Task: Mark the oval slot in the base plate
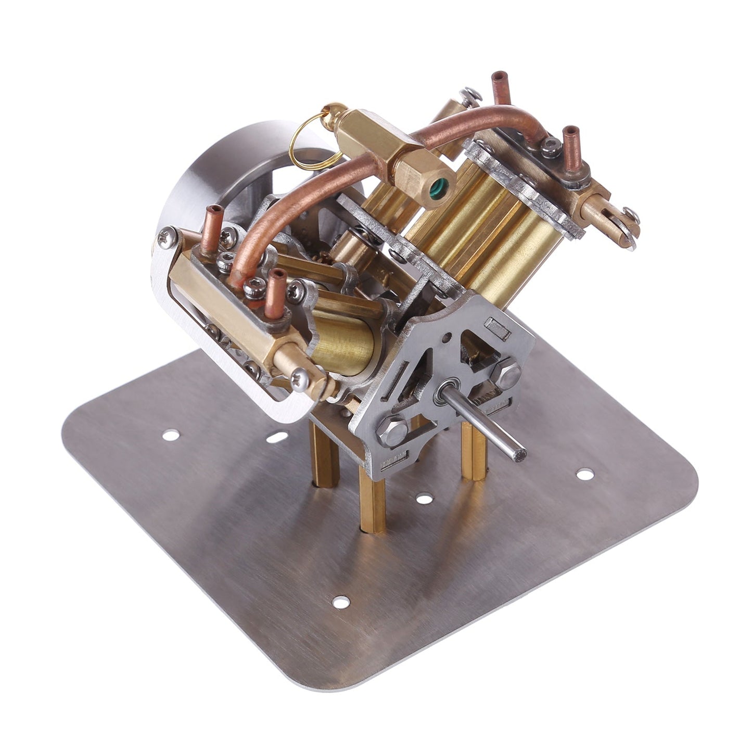tap(279, 436)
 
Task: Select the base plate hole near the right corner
tap(585, 474)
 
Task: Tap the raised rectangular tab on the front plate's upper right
tap(496, 329)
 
